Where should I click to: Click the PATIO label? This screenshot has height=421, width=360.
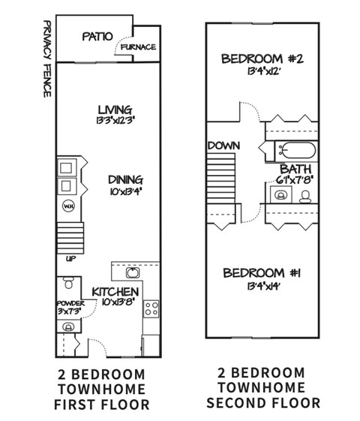point(97,35)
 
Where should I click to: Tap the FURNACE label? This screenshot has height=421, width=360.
point(139,47)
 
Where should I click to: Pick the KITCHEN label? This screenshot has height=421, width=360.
point(115,291)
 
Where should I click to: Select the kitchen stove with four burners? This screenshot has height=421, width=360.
point(151,307)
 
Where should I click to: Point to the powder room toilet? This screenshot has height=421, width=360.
point(67,283)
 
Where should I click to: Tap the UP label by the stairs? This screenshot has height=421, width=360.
point(70,258)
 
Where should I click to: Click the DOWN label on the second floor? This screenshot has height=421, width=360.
point(223,145)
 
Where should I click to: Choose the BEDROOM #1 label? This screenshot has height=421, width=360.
point(263,272)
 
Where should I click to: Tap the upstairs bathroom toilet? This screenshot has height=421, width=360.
point(305,197)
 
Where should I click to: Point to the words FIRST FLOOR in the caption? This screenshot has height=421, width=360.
point(103,405)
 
